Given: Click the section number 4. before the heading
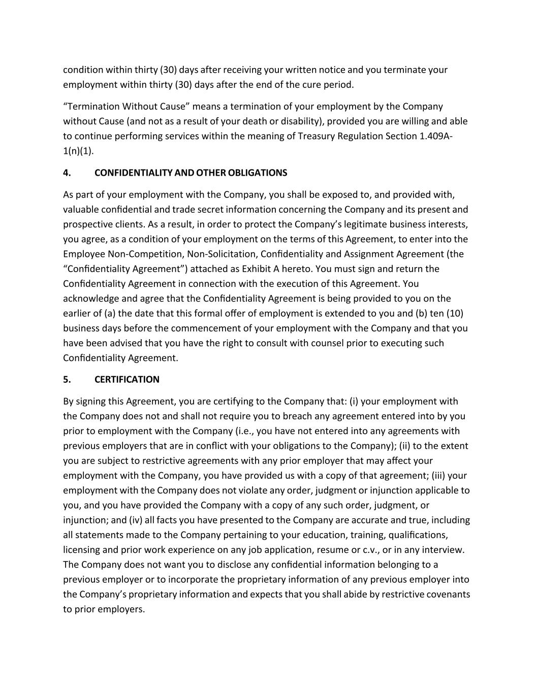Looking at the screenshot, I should pyautogui.click(x=67, y=173).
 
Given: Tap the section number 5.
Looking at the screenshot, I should pyautogui.click(x=67, y=379).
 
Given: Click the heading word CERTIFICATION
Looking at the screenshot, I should pyautogui.click(x=127, y=379).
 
